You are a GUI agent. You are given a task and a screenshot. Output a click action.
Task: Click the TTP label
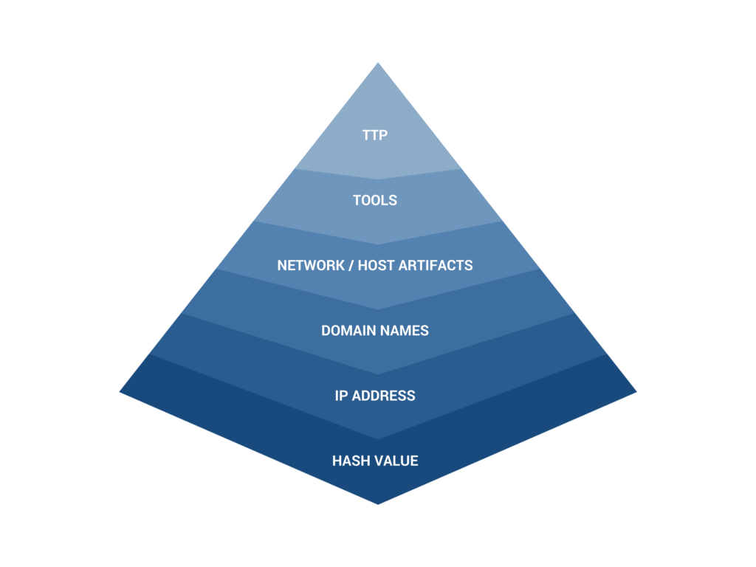tap(375, 136)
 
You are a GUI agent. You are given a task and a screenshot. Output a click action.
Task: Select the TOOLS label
tap(375, 201)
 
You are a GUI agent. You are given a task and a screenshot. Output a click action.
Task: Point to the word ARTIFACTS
tap(435, 265)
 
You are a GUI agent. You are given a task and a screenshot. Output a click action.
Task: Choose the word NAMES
tap(405, 331)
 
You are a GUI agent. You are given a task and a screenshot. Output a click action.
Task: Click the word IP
tap(341, 396)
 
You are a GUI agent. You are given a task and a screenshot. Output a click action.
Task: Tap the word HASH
tap(349, 461)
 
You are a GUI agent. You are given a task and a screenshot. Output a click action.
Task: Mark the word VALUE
tap(396, 461)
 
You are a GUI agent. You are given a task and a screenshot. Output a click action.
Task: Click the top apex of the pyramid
tap(378, 62)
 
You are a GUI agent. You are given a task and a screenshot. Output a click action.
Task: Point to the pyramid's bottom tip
tap(378, 504)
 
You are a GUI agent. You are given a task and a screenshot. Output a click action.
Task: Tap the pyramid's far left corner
tap(120, 392)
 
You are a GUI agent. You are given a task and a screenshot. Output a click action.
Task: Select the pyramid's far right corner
tap(637, 392)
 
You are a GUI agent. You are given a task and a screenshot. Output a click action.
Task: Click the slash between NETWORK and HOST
tap(349, 265)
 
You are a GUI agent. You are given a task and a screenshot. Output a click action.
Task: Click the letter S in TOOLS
tap(393, 201)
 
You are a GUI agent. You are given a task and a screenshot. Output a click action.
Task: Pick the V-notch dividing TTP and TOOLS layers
tap(378, 179)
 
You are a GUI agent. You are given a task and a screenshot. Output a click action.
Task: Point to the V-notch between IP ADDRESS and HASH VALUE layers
tap(378, 439)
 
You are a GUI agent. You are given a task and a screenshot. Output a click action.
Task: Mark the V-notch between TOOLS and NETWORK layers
tap(378, 244)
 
